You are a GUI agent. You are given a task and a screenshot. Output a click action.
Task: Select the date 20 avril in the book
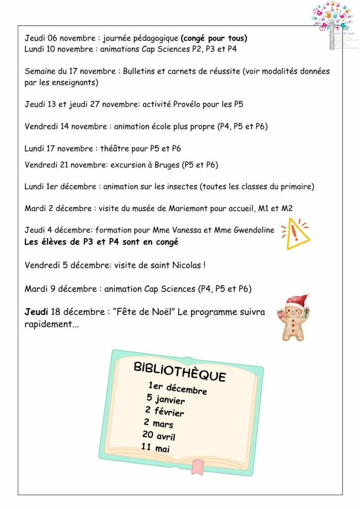(159, 436)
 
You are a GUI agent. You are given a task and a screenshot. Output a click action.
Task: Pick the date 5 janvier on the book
(166, 399)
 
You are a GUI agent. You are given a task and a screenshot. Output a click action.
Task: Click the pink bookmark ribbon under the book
(198, 466)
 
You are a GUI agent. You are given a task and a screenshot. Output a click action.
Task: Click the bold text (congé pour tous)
(214, 38)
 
